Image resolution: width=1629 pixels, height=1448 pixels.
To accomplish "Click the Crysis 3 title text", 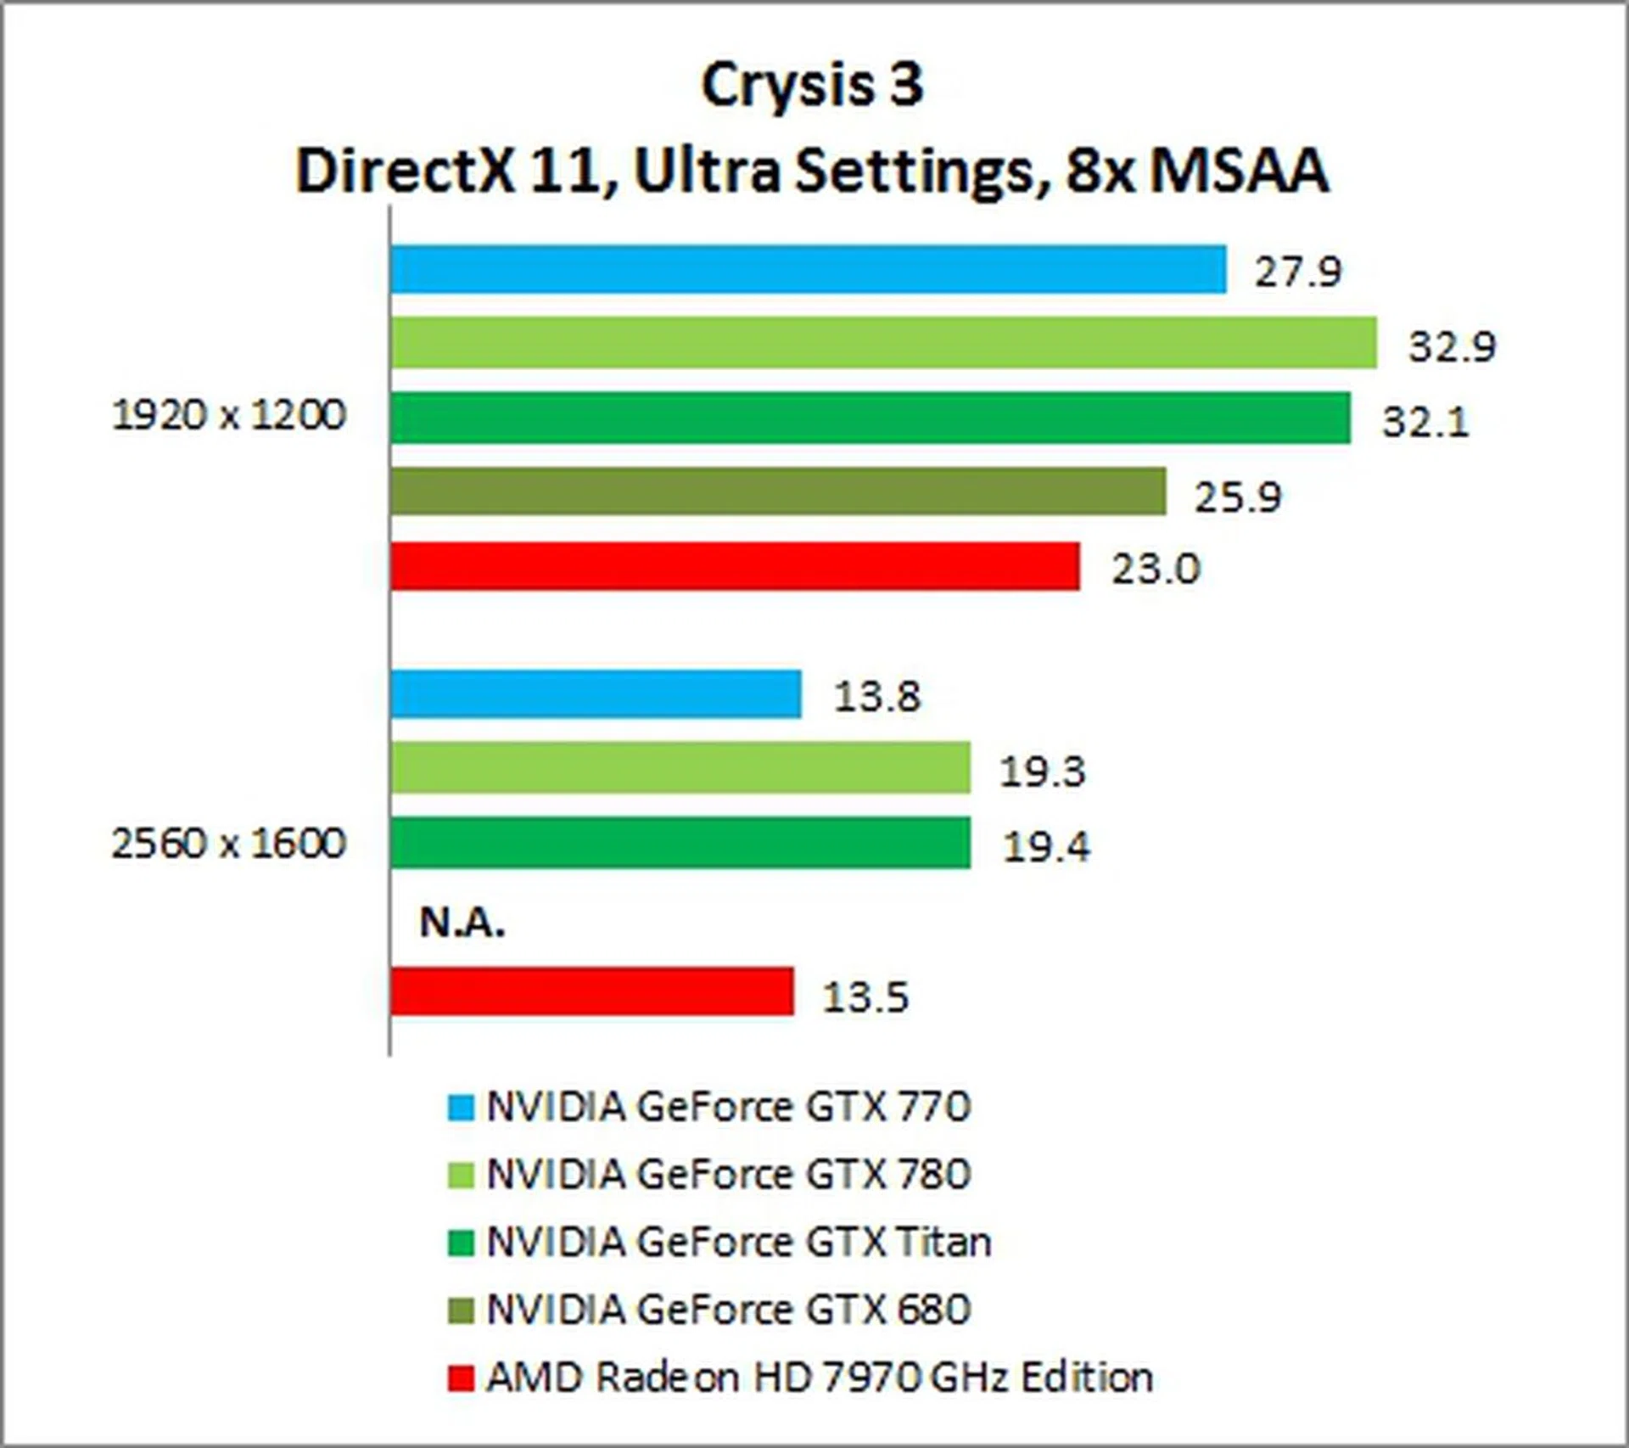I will point(812,86).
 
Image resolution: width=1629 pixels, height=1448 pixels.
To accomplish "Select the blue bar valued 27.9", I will point(808,270).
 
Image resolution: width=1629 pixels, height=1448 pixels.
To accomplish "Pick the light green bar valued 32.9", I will point(883,343).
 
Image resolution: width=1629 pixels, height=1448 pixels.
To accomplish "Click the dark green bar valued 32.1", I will point(870,418).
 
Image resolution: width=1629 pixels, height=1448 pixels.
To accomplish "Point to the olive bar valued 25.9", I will point(778,491).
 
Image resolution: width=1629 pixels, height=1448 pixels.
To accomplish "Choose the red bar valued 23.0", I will point(735,566).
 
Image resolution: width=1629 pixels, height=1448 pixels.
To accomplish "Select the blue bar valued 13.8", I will point(596,694).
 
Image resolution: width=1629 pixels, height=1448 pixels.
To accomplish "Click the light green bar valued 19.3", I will point(680,768).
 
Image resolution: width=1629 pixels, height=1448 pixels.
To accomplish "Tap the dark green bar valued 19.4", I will point(680,843).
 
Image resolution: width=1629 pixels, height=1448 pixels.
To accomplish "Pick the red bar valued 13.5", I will point(592,991).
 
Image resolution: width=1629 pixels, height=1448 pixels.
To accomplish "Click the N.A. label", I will point(462,923).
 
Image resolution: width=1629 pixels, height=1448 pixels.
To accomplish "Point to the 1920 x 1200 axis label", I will point(229,416).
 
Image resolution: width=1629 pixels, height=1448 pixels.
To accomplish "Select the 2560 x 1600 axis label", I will point(229,844).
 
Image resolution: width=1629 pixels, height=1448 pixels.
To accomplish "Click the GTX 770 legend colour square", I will point(461,1108).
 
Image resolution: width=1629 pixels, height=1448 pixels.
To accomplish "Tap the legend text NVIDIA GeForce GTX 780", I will point(728,1175).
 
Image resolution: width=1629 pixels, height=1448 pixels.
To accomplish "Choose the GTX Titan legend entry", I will point(738,1243).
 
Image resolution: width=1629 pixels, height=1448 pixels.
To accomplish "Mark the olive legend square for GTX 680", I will point(461,1311).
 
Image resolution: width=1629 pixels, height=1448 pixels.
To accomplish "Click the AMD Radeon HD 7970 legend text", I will point(819,1378).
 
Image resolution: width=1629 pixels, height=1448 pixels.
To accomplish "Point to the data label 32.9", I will point(1452,346).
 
